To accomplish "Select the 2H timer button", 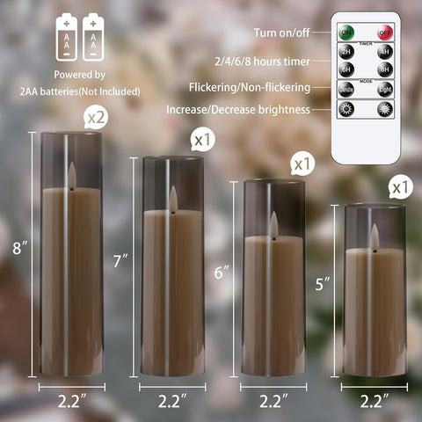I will tap(347, 50).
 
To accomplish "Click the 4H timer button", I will tap(384, 50).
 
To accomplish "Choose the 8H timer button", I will tap(384, 69).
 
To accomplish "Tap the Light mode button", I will tap(384, 90).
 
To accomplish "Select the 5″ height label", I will tap(324, 285).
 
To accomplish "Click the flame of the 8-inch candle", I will tap(72, 174).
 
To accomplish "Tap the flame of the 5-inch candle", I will tap(375, 235).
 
